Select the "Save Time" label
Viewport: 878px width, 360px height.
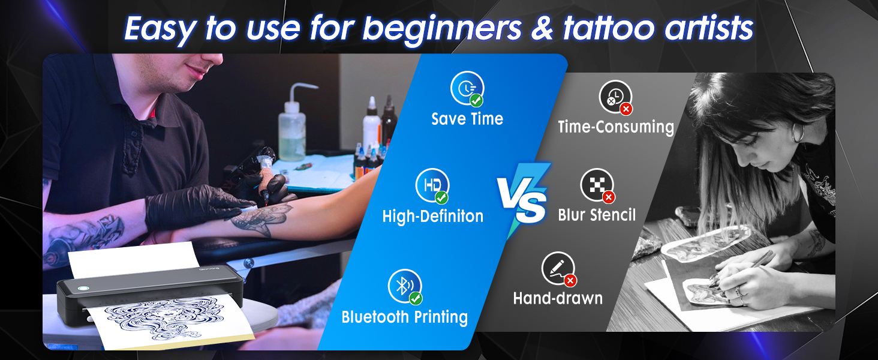pos(467,119)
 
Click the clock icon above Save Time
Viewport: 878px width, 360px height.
pos(467,88)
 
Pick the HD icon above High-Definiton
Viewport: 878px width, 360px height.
pos(432,185)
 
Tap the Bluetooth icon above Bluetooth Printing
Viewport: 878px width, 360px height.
pos(404,286)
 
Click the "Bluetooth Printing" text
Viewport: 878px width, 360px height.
pos(404,317)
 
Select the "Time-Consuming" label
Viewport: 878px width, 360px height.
pos(616,127)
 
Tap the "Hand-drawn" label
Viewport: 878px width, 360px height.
pos(558,298)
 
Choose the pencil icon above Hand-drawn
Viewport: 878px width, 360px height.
pos(558,269)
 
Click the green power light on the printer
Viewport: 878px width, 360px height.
pos(83,288)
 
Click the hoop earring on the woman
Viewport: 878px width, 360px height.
pos(798,133)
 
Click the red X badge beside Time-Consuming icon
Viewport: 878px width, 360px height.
pos(626,109)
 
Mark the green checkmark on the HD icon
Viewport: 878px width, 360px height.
pos(442,197)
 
